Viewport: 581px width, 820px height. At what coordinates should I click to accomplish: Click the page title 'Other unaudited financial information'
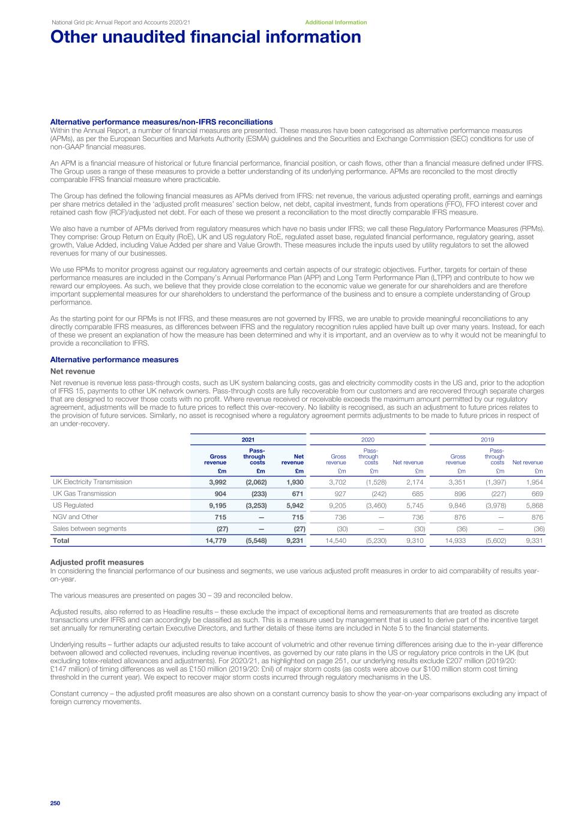206,37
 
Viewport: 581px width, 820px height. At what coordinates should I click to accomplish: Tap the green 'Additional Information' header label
336,22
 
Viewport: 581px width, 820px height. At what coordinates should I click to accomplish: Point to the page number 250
56,803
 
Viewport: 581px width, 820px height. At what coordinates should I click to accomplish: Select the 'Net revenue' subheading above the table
73,371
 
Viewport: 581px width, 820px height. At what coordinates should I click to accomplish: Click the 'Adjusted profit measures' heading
97,562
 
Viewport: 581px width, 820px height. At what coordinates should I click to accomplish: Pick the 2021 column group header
248,439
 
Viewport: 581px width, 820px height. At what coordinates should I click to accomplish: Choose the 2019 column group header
487,439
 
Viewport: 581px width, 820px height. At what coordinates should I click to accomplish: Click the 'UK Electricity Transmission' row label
92,482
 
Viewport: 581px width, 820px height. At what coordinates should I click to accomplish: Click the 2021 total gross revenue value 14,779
215,541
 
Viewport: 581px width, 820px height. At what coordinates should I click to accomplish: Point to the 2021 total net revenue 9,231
293,541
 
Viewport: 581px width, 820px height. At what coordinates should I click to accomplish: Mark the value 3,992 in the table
217,482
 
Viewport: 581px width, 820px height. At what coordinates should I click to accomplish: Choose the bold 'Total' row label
61,541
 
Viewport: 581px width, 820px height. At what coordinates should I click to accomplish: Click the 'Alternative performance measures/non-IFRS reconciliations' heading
161,122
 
